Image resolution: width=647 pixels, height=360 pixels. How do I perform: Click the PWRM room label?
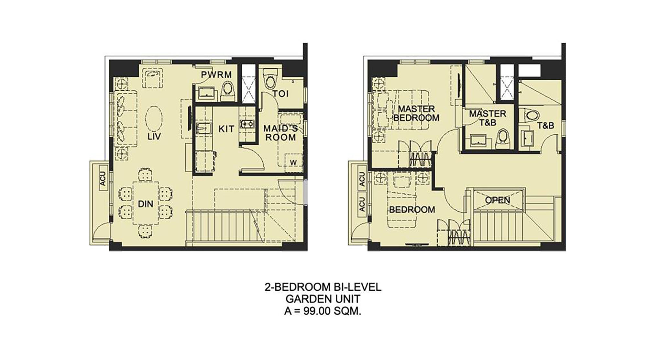point(216,75)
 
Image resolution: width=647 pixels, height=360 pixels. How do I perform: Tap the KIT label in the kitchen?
point(226,129)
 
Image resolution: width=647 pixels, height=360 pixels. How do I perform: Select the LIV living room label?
point(154,136)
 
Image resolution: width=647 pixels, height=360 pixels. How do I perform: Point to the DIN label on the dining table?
point(146,204)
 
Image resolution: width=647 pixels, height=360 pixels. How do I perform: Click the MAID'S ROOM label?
point(280,133)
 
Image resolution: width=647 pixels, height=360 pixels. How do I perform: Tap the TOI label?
point(280,94)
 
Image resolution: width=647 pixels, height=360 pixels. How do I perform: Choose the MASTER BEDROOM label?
point(416,113)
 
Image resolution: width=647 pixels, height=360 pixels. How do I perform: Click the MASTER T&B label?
point(488,118)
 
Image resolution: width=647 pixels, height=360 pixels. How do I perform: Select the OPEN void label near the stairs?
point(498,200)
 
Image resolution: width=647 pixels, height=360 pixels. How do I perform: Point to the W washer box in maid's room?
point(293,162)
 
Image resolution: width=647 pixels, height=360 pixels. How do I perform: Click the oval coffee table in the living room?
point(154,119)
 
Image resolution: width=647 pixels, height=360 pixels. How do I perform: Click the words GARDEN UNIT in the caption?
point(323,298)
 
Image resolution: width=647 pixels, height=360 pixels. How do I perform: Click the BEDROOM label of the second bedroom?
point(412,210)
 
